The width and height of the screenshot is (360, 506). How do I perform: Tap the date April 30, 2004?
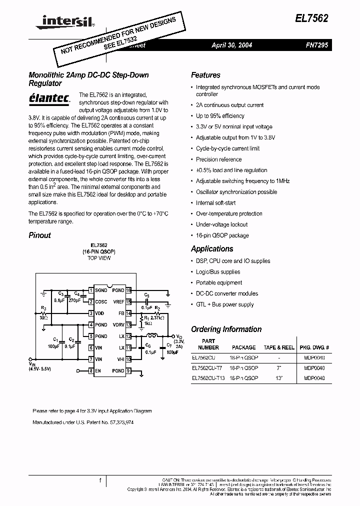[x=231, y=45]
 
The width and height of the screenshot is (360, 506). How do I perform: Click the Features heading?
[x=205, y=75]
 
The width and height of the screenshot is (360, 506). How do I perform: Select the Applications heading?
[x=212, y=248]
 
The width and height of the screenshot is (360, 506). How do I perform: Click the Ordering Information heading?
[x=226, y=329]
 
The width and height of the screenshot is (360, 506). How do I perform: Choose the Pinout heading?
[x=40, y=235]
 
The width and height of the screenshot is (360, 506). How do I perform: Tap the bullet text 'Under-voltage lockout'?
[x=221, y=224]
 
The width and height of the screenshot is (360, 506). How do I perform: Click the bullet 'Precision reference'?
[x=218, y=159]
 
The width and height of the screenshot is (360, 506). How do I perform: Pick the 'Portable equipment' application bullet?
[x=219, y=282]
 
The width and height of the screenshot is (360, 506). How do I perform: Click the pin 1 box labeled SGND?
[x=90, y=290]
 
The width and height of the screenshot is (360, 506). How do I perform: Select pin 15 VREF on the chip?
[x=128, y=301]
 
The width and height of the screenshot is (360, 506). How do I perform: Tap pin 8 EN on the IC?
[x=90, y=370]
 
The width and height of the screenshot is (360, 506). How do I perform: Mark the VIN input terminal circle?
[x=33, y=359]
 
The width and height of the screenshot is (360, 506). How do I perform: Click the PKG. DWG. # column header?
[x=314, y=347]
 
